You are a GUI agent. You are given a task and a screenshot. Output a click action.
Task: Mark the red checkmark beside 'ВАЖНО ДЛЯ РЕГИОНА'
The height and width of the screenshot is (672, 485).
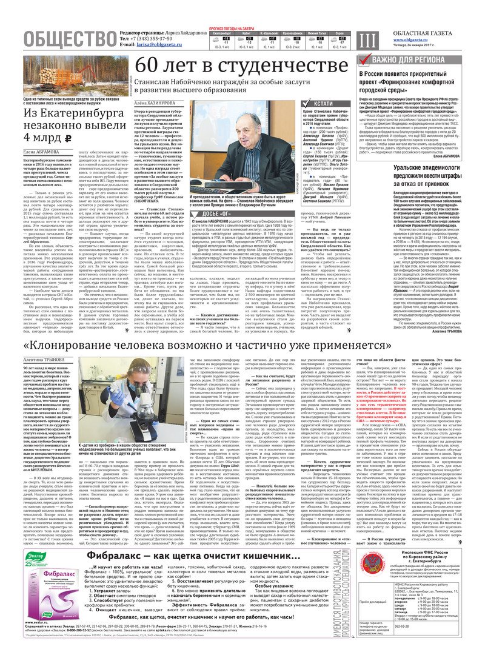[363, 60]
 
